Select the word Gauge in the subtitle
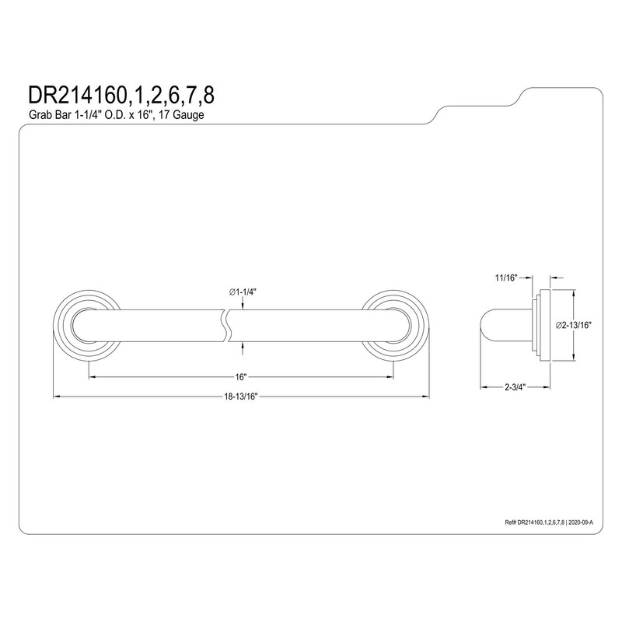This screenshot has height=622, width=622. (190, 115)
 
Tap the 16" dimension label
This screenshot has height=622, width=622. (241, 377)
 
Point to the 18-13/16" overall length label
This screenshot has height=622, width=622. (241, 397)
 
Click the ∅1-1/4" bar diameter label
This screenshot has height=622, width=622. (243, 291)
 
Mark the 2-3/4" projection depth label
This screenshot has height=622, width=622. (515, 386)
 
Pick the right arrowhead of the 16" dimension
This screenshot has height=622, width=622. (390, 377)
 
